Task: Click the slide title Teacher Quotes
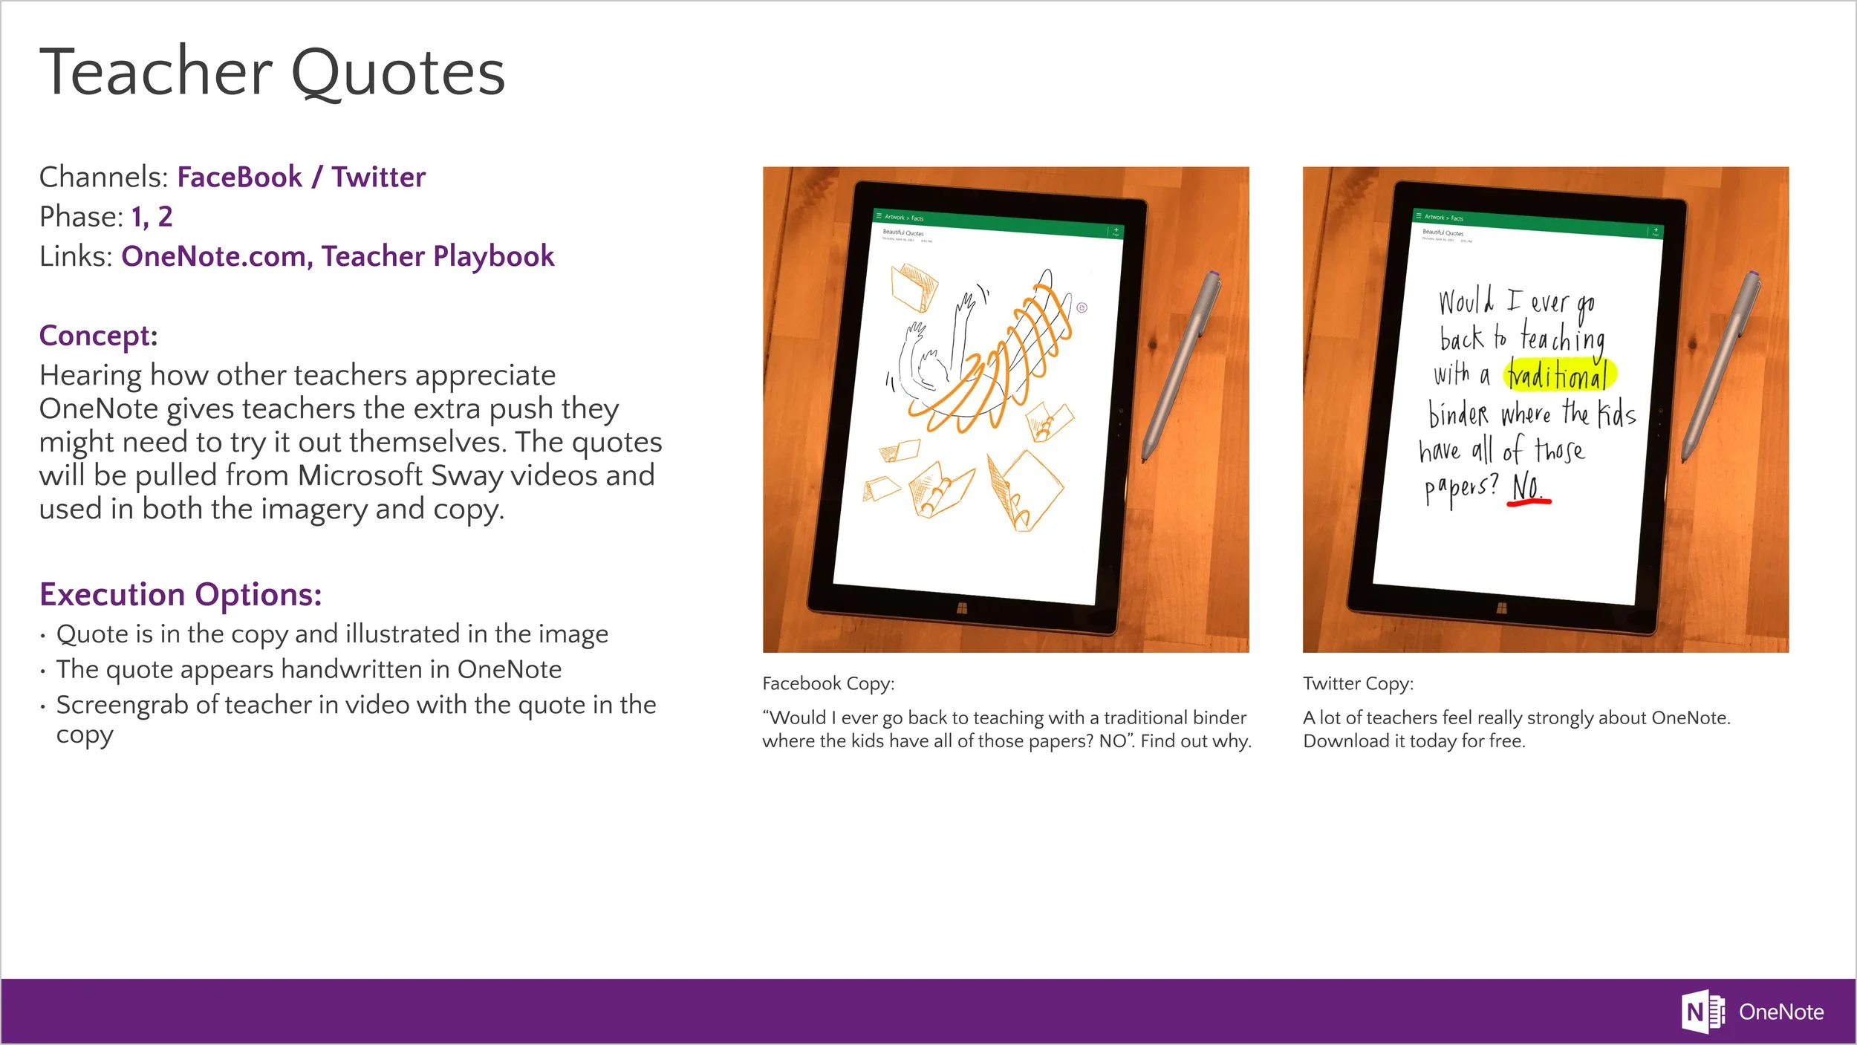coord(272,73)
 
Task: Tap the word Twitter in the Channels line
coord(378,178)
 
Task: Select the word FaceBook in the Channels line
coord(239,178)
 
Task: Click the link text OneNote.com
coord(212,256)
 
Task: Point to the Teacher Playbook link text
coord(438,256)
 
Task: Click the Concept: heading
coord(98,336)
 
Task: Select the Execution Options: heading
coord(181,595)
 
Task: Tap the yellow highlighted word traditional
coord(1559,376)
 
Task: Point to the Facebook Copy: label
coord(828,683)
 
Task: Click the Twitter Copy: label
coord(1358,683)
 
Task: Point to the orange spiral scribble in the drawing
coord(995,364)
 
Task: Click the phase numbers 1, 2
coord(152,217)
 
